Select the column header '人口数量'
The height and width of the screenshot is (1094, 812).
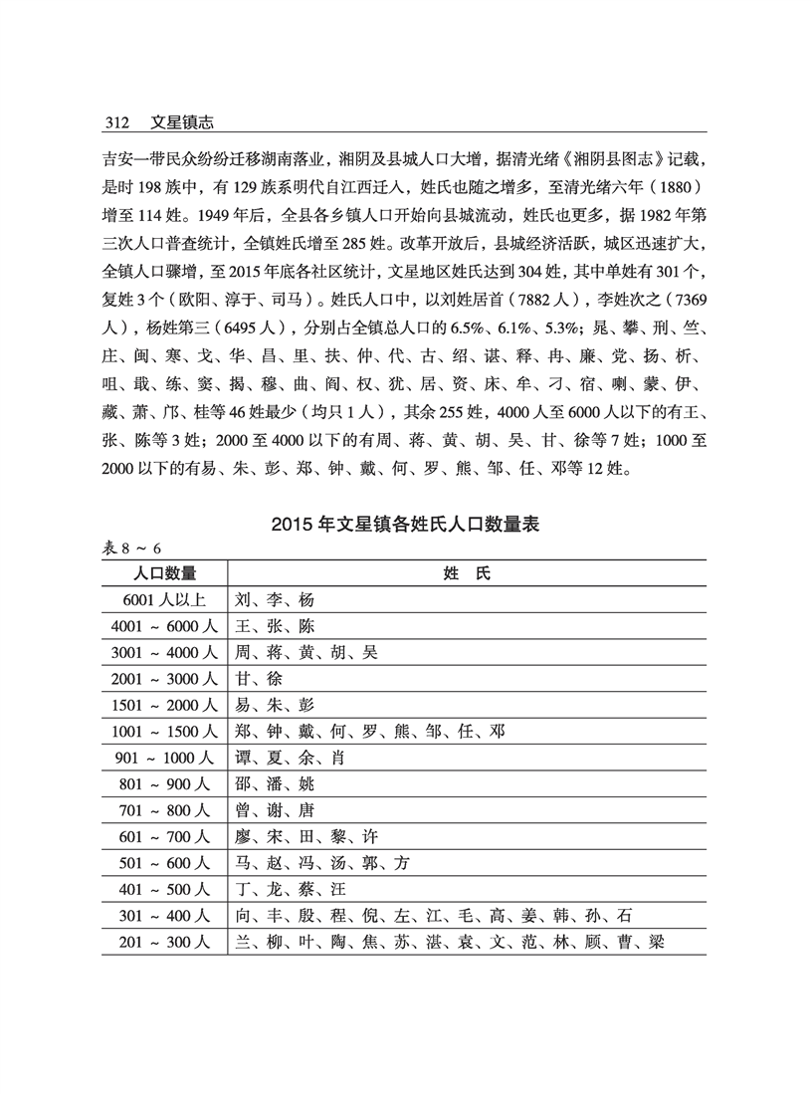tap(165, 572)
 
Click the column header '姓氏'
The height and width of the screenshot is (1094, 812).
tap(467, 572)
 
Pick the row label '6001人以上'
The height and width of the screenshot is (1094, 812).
tap(165, 599)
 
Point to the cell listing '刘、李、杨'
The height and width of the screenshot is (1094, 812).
tap(274, 599)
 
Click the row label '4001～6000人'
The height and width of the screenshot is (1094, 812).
tap(165, 625)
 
